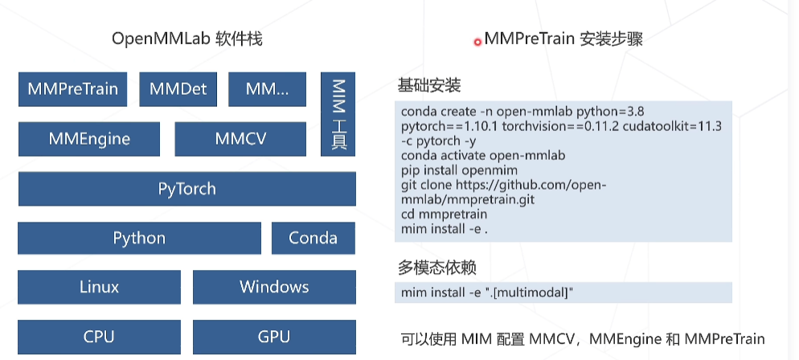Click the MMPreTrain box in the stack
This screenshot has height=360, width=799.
click(72, 89)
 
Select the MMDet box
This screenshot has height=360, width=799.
click(178, 89)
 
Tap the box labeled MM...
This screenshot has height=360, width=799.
click(267, 89)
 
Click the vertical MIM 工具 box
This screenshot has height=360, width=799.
click(338, 113)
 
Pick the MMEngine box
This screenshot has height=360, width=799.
click(89, 139)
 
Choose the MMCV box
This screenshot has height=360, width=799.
click(240, 139)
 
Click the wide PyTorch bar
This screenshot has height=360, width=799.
click(186, 190)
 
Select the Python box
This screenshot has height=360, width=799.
click(139, 238)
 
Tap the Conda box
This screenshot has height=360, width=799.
click(313, 238)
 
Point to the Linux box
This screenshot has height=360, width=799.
click(99, 287)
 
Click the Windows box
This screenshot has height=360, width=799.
click(274, 287)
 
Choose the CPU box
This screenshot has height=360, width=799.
click(99, 337)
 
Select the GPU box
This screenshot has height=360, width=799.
click(274, 337)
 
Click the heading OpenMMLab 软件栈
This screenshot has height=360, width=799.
click(187, 39)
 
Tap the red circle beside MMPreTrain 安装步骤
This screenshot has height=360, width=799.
click(477, 42)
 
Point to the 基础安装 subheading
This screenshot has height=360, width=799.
click(429, 85)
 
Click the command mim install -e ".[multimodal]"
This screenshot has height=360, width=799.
click(487, 292)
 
